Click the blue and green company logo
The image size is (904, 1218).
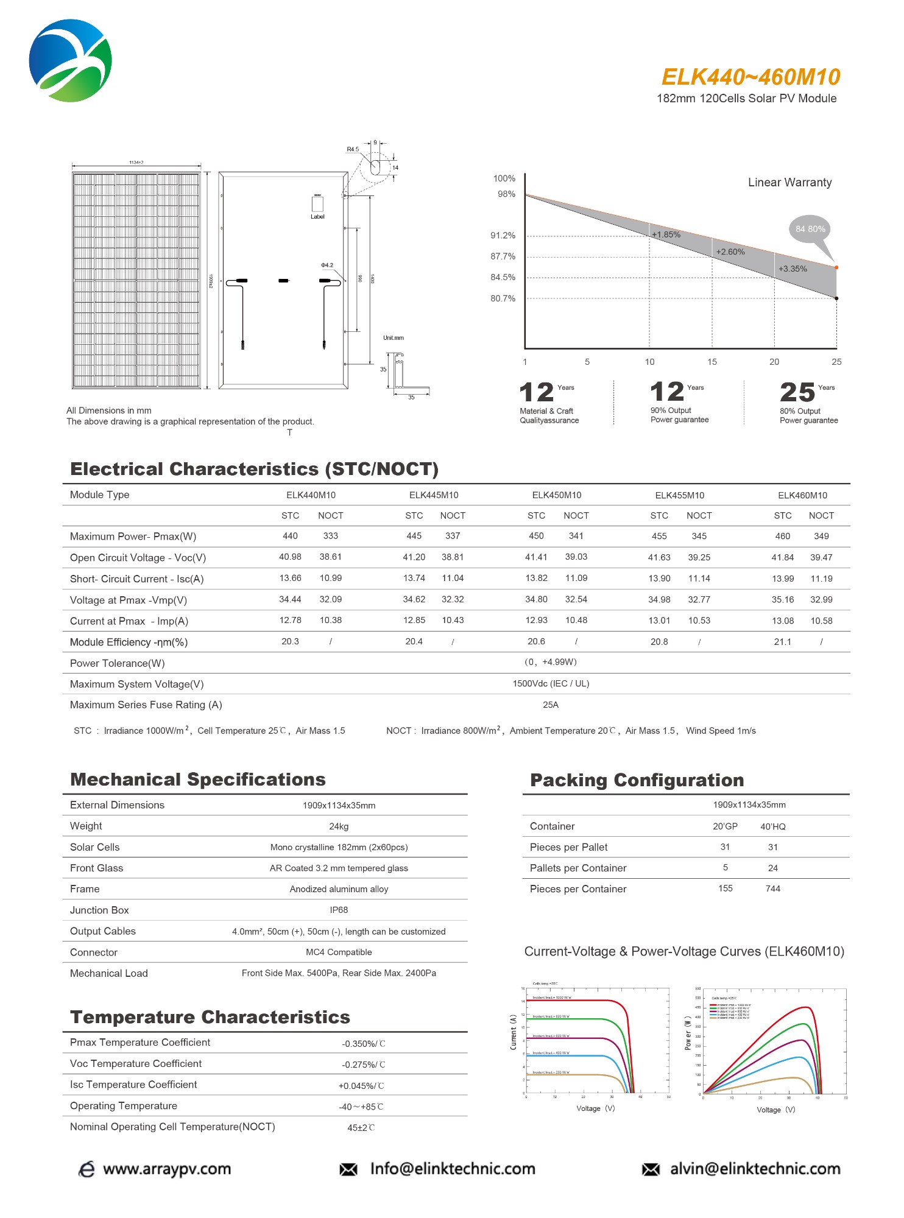click(71, 60)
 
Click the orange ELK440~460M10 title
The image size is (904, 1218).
click(750, 77)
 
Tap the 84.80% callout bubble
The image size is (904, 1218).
click(810, 229)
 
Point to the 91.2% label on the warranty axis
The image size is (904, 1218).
click(503, 236)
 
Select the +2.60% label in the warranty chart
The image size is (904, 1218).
click(730, 252)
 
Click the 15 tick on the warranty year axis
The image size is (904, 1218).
click(712, 362)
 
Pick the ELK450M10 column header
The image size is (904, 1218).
click(556, 495)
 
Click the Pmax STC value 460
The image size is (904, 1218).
click(782, 536)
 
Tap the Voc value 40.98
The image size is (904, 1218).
click(290, 557)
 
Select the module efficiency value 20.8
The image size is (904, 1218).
click(659, 641)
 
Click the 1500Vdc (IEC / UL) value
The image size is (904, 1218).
click(551, 683)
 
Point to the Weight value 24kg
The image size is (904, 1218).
click(339, 826)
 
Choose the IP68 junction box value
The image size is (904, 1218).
click(339, 910)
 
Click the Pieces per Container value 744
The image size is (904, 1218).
click(772, 889)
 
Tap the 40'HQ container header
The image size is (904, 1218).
click(772, 826)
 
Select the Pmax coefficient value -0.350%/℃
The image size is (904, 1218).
click(363, 1044)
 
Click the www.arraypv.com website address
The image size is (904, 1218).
click(167, 1169)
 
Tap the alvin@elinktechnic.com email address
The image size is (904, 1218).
click(755, 1169)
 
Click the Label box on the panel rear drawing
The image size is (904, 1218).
click(317, 204)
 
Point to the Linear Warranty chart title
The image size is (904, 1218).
click(789, 182)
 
